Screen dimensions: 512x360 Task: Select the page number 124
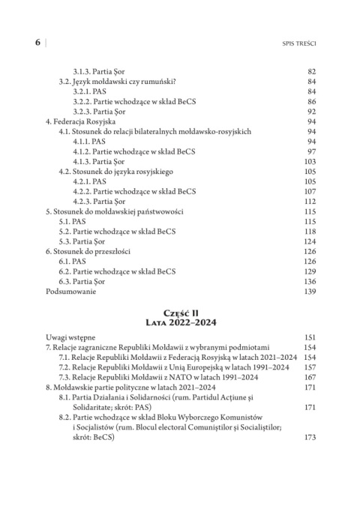pyautogui.click(x=312, y=248)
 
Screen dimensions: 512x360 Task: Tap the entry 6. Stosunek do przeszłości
pyautogui.click(x=91, y=261)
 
